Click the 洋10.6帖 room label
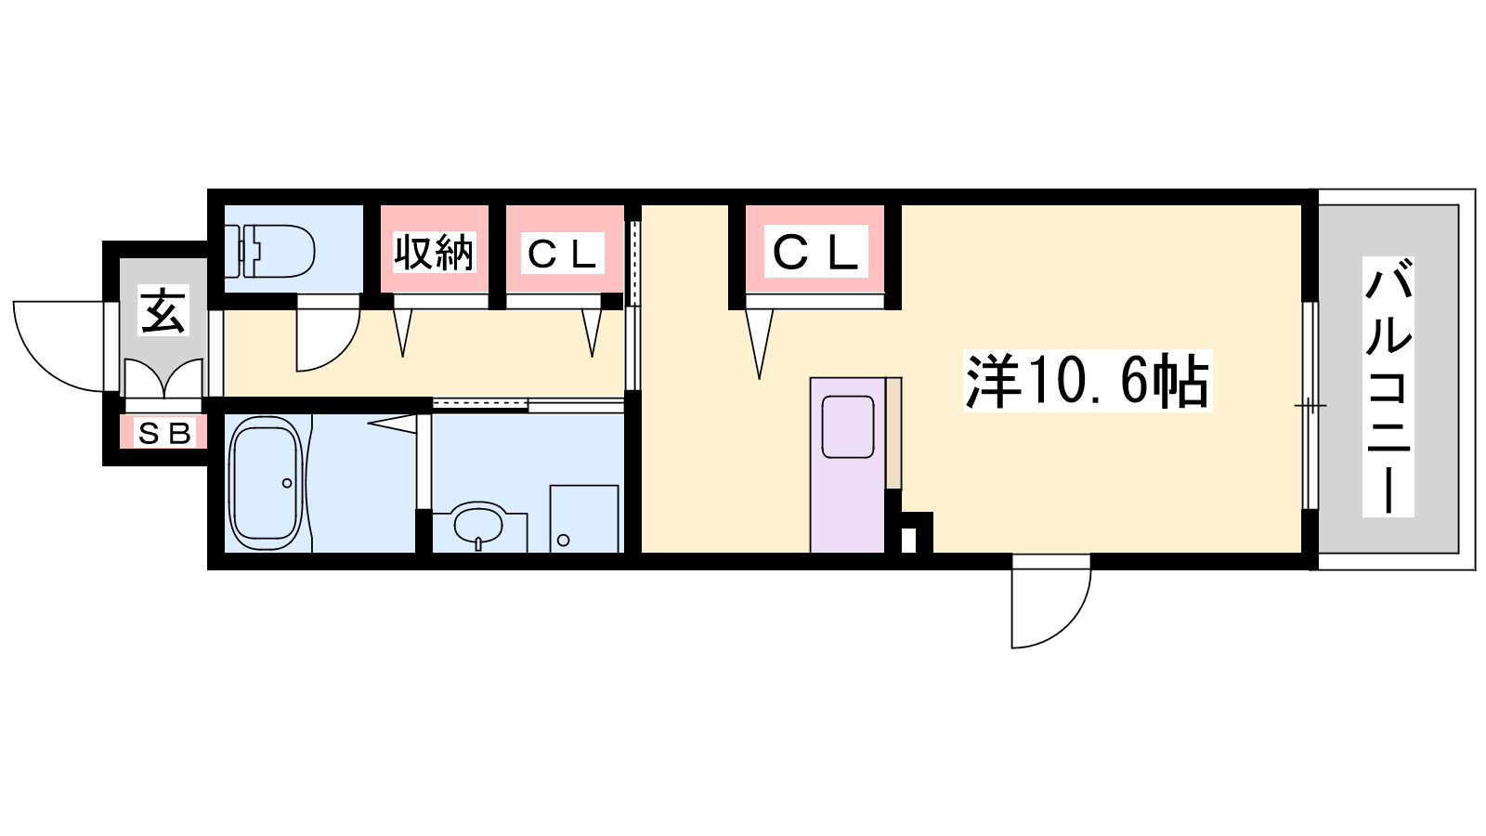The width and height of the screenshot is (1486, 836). coord(1088,381)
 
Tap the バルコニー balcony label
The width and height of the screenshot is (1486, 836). coord(1388,386)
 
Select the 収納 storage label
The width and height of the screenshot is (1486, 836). coord(434,252)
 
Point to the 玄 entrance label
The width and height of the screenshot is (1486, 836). coord(163,310)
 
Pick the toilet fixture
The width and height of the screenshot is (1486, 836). coord(269,251)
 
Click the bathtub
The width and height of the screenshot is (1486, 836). coord(266,483)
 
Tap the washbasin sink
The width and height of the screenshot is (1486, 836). coord(478,524)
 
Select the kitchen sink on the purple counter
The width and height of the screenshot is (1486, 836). coord(847,426)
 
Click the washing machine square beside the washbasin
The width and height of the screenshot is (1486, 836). coord(584,518)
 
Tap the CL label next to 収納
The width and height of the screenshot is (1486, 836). coord(563,253)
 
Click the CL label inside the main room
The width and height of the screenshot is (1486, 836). coord(816,251)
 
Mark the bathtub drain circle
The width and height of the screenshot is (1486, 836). coord(287,483)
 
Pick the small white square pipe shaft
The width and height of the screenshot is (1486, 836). coord(909,540)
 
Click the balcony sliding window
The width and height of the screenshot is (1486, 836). coord(1310,405)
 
